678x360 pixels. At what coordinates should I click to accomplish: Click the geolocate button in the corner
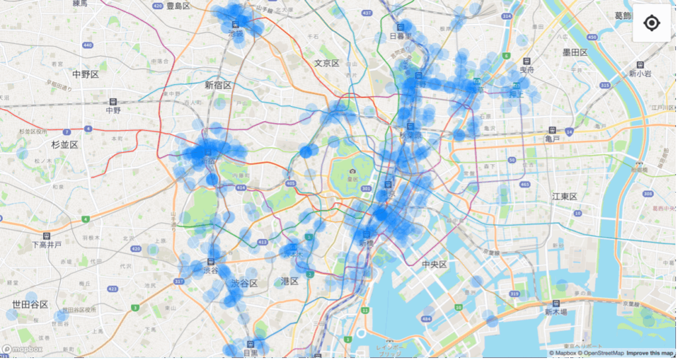[x=652, y=23]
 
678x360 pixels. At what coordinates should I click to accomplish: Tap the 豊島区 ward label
[x=177, y=6]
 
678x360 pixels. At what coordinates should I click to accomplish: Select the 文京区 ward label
[x=326, y=64]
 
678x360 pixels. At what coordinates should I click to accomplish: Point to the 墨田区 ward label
[x=575, y=52]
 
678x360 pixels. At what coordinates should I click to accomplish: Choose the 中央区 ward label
[x=434, y=265]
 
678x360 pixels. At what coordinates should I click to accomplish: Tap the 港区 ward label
[x=290, y=281]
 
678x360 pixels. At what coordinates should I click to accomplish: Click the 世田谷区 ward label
[x=30, y=304]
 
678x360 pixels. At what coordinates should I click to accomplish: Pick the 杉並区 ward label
[x=65, y=144]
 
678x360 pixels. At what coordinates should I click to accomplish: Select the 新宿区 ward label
[x=218, y=85]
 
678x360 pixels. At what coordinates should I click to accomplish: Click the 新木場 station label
[x=557, y=312]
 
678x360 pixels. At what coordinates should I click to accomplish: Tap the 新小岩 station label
[x=640, y=73]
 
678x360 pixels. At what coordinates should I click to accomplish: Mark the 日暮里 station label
[x=401, y=36]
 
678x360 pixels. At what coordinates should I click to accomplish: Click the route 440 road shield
[x=87, y=45]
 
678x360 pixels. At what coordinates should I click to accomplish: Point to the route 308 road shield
[x=648, y=194]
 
